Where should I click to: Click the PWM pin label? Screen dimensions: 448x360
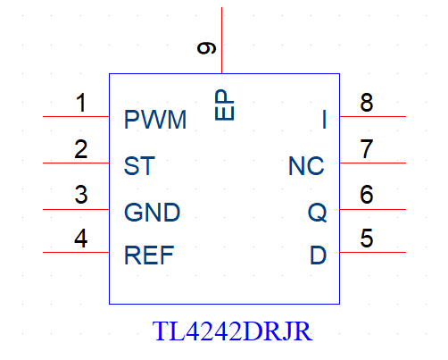pos(155,120)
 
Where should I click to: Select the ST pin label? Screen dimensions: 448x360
pos(139,166)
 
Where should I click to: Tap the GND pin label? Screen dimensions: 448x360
pos(152,213)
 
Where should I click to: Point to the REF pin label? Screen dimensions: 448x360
pos(149,255)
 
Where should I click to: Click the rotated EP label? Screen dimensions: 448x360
pos(224,105)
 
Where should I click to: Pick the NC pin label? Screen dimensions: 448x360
pos(306,166)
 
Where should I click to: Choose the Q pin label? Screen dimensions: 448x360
pos(317,213)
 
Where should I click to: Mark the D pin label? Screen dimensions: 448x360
pos(318,255)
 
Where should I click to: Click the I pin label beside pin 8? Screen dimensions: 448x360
pos(324,120)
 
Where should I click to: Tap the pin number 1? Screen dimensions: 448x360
pos(81,103)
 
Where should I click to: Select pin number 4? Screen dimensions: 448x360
pos(81,239)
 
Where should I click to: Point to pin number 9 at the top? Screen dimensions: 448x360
pos(206,48)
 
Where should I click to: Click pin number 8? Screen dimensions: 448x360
pos(367,103)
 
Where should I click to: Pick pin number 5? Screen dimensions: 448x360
pos(367,239)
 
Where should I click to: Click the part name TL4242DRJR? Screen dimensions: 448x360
pos(232,331)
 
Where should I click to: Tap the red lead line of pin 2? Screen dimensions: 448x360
pos(76,163)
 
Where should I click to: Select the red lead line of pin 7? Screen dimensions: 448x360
pos(373,163)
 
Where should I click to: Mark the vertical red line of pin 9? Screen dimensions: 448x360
pos(221,40)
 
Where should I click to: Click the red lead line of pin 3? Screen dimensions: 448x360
pos(76,209)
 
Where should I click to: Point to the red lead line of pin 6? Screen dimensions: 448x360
pos(373,209)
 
